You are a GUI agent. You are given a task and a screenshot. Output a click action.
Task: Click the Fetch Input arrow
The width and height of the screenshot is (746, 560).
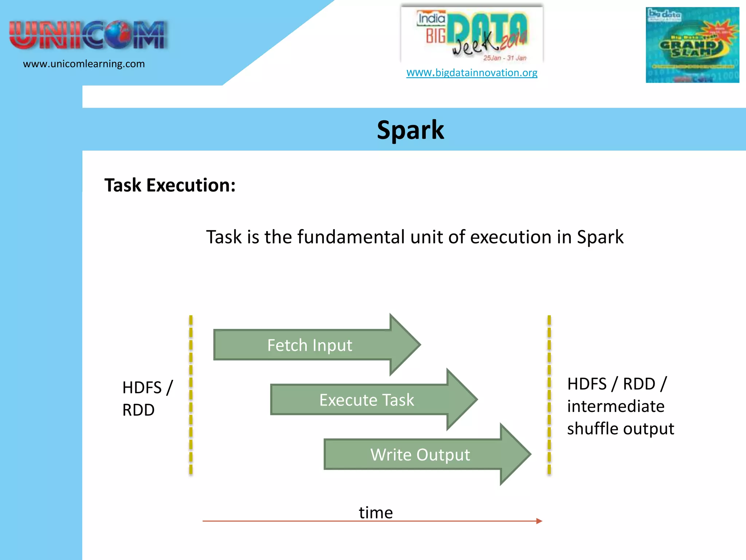[310, 345]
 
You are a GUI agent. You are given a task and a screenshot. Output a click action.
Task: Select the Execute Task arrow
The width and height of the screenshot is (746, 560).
[366, 400]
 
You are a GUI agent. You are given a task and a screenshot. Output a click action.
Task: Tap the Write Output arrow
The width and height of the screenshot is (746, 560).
[420, 454]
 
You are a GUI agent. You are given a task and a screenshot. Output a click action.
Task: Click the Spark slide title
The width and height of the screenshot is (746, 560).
[410, 130]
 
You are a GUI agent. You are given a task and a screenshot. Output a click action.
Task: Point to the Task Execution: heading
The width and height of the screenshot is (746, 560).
[170, 185]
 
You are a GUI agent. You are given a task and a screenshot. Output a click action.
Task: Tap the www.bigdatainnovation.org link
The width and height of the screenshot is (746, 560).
[472, 73]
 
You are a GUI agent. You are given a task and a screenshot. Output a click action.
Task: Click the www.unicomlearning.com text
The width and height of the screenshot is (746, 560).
[84, 64]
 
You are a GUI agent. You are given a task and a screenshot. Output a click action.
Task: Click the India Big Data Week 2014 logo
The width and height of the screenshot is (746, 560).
[472, 35]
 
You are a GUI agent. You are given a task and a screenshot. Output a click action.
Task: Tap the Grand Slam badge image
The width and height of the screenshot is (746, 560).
[692, 45]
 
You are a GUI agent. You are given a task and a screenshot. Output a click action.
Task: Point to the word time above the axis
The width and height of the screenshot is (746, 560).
[376, 512]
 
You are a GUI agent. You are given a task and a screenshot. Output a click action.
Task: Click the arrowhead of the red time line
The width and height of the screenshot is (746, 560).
[539, 521]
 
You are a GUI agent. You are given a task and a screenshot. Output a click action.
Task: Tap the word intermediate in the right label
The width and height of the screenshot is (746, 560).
[616, 406]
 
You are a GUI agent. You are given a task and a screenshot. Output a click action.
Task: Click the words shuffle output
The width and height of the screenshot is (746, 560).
[620, 428]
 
